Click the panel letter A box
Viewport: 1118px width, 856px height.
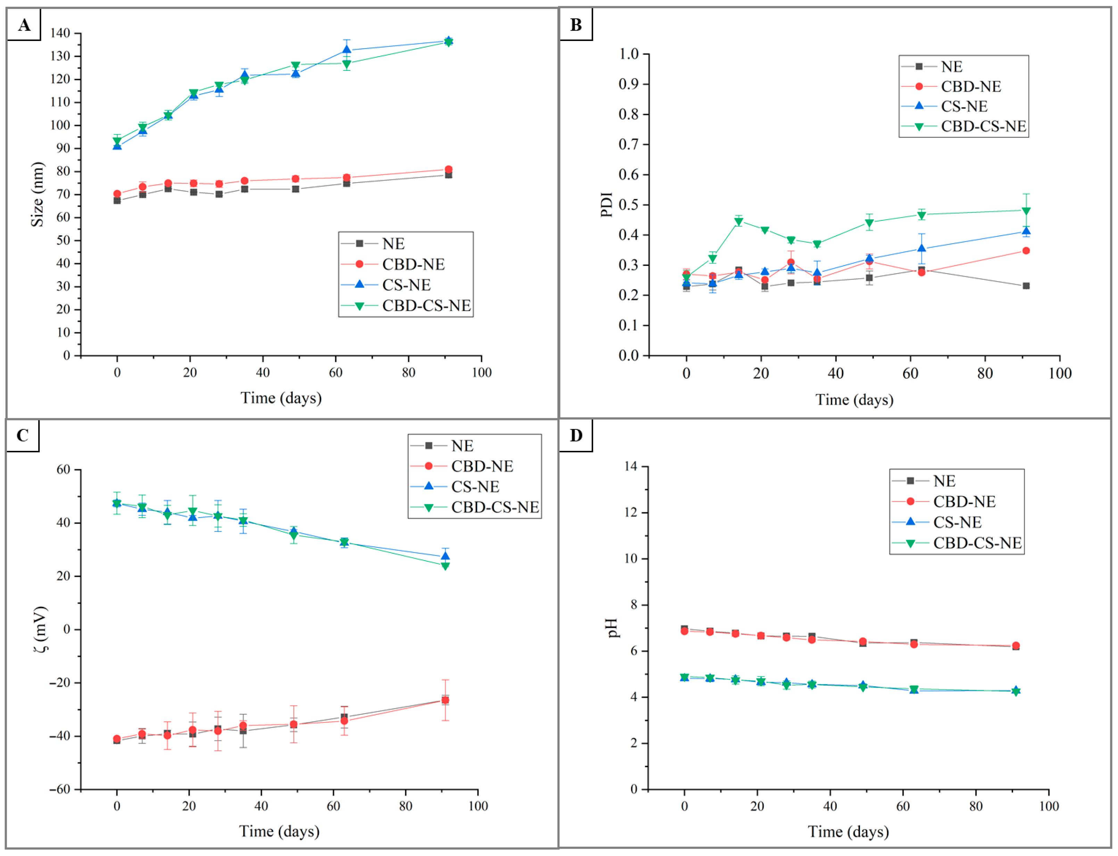(24, 24)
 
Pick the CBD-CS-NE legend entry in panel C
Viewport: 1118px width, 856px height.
(495, 507)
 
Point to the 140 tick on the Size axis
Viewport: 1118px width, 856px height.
(60, 33)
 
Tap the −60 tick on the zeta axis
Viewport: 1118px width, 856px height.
(60, 789)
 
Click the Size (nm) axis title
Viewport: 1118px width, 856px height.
(37, 194)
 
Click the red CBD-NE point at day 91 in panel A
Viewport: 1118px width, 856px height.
(448, 170)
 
